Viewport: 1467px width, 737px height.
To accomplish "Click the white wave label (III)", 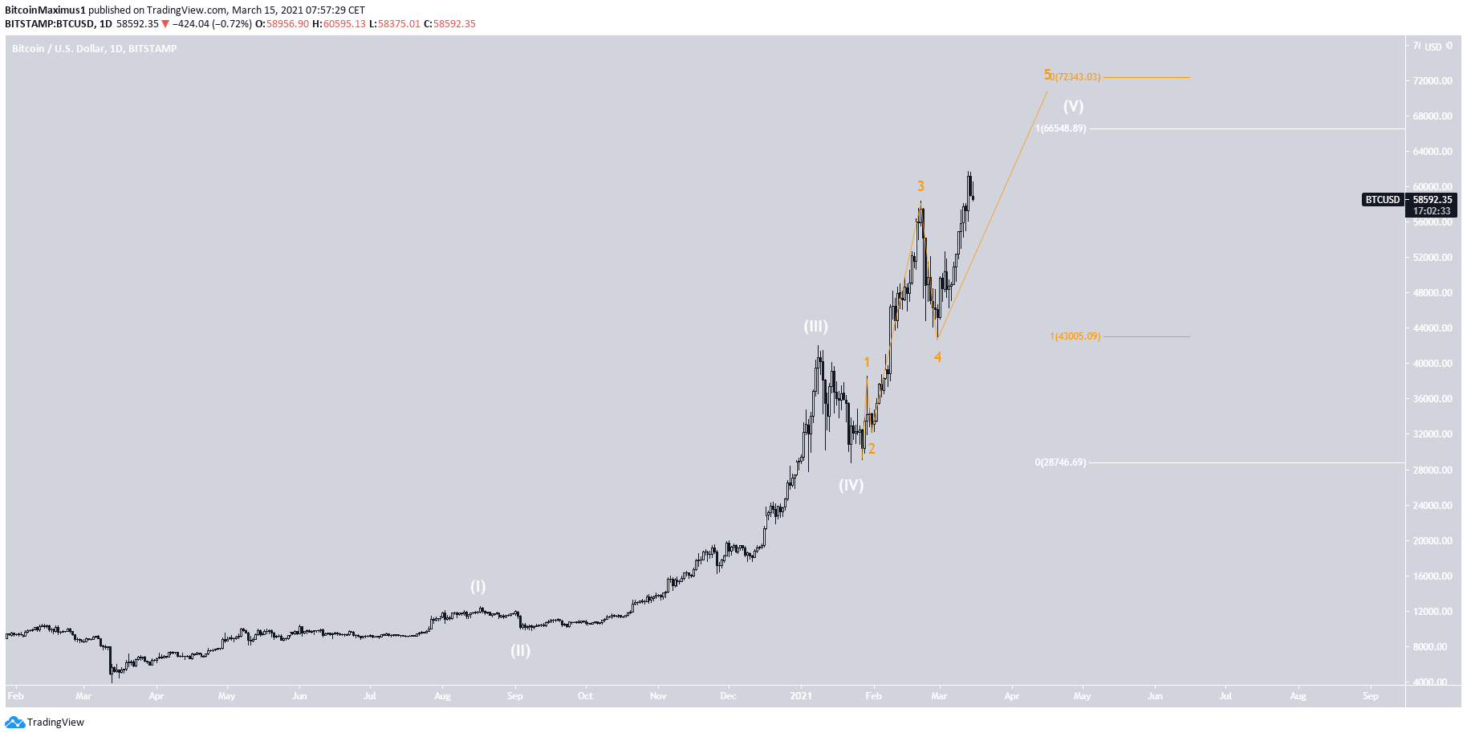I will click(x=815, y=326).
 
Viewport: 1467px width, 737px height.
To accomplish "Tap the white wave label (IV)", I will click(x=851, y=485).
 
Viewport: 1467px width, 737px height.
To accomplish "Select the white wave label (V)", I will click(x=1073, y=106).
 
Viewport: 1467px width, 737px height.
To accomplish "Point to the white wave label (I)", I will click(x=477, y=586).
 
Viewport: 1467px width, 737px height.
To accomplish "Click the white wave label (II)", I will click(x=520, y=650).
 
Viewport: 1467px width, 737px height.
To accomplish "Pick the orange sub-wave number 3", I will click(x=920, y=186).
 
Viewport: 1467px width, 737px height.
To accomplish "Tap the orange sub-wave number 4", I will click(x=937, y=357).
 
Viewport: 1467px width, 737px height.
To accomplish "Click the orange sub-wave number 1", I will click(x=867, y=363).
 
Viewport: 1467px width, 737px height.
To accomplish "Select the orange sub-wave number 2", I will click(x=872, y=449).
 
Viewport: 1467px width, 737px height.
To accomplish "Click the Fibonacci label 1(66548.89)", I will click(x=1060, y=128).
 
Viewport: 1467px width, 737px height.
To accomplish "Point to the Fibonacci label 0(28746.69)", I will click(x=1060, y=462).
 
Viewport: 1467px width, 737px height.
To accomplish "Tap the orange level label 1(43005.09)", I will click(x=1075, y=336).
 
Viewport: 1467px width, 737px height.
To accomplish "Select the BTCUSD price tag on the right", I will click(x=1382, y=200).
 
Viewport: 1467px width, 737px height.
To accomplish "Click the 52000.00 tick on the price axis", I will click(x=1432, y=258).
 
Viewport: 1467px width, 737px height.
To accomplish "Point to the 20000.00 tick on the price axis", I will click(x=1432, y=541).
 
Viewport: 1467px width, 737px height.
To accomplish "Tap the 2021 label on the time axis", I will click(x=800, y=696).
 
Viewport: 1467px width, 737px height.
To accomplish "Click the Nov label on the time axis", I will click(x=657, y=696).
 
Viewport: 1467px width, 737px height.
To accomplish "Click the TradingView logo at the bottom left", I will click(x=45, y=723).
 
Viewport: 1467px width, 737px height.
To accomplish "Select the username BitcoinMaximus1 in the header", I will click(x=45, y=10).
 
